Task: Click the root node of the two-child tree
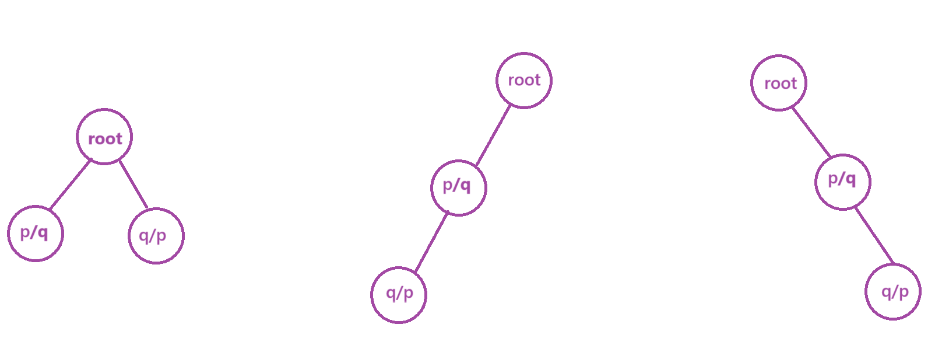(x=104, y=137)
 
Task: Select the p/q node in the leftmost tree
(x=36, y=234)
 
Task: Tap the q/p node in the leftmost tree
(x=156, y=236)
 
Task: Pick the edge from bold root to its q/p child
(x=133, y=185)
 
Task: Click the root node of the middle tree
(x=523, y=81)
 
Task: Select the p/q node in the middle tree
(x=458, y=187)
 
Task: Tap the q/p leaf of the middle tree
(x=399, y=295)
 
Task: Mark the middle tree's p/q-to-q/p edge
(x=431, y=243)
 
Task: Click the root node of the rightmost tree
(x=778, y=83)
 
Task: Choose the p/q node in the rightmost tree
(x=842, y=182)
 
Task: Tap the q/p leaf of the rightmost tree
(x=892, y=291)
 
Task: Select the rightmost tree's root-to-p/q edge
(x=811, y=133)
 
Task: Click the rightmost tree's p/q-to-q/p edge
(x=874, y=235)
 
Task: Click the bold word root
(x=105, y=139)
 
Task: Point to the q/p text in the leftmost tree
(x=153, y=236)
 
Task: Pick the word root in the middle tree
(x=524, y=80)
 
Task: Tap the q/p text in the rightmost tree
(x=895, y=291)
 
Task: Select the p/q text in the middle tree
(x=456, y=186)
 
